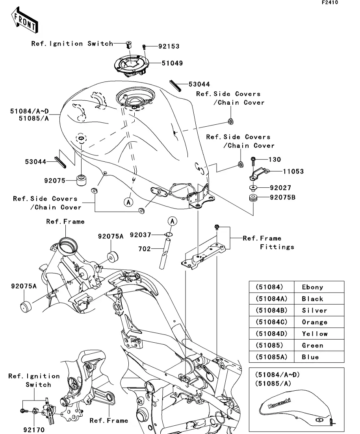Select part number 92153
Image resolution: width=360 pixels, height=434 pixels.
[169, 46]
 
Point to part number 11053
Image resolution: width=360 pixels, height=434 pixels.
[293, 172]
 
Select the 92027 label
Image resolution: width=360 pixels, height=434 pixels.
[280, 188]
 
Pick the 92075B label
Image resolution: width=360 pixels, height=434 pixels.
[282, 197]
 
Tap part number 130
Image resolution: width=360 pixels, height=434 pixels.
[275, 160]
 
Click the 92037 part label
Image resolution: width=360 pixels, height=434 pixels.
[141, 235]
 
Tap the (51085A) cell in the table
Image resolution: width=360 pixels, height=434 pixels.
[269, 357]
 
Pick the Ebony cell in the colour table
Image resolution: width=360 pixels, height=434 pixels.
[312, 287]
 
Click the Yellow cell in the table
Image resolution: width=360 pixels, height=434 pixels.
[314, 334]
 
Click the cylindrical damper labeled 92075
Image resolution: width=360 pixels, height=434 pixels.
[81, 181]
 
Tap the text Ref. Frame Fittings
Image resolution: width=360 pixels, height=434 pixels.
[268, 243]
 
